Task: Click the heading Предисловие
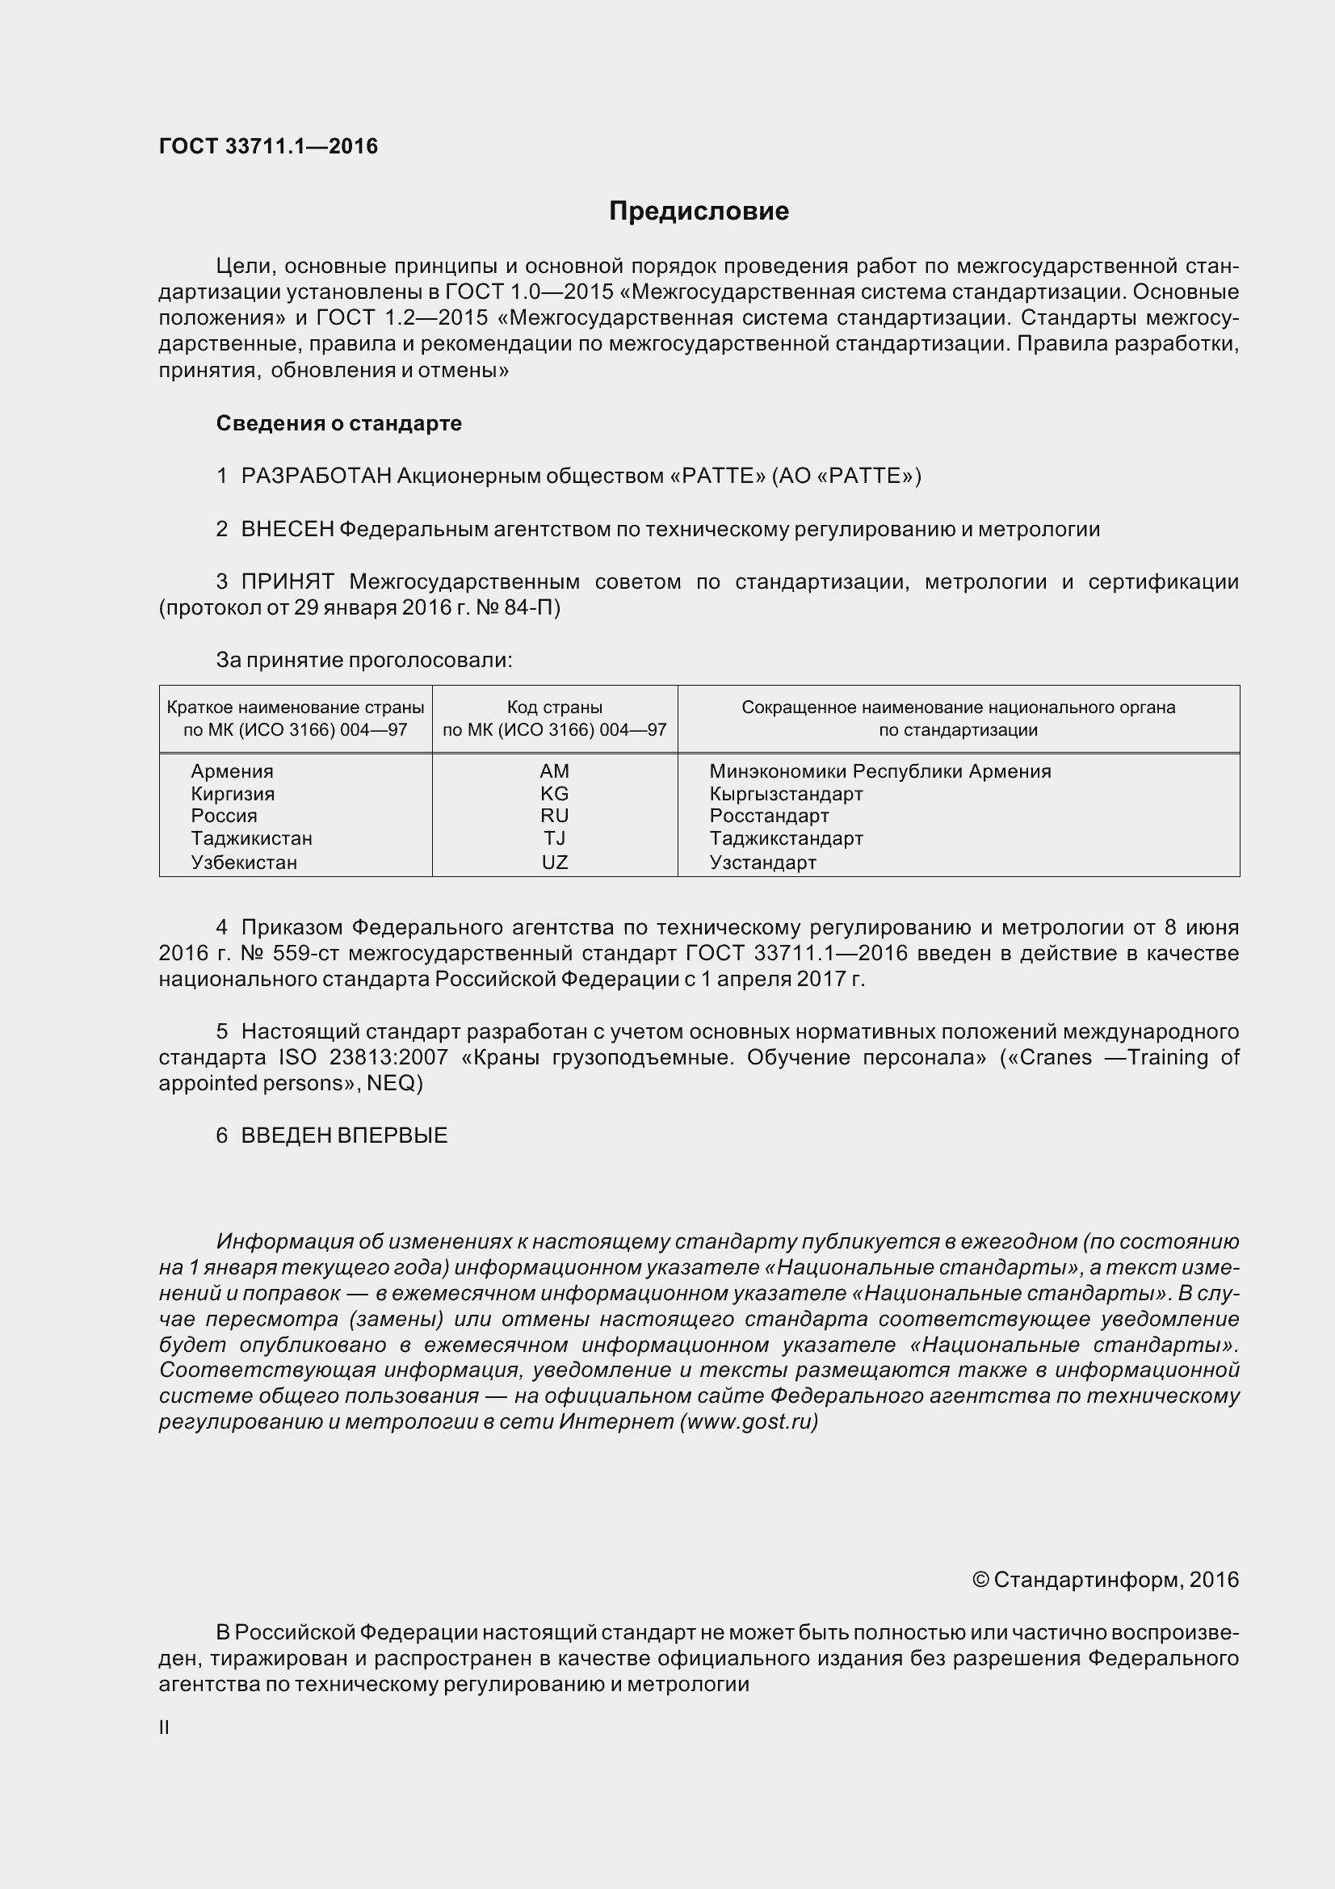click(x=699, y=212)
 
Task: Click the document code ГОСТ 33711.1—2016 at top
click(x=268, y=146)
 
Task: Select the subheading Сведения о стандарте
click(x=339, y=423)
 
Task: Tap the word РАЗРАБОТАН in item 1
click(x=316, y=476)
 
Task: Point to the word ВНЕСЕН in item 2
click(x=287, y=529)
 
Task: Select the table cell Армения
click(x=232, y=771)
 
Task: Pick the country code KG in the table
click(x=554, y=794)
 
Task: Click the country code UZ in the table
click(x=554, y=863)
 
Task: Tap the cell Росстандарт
click(x=769, y=816)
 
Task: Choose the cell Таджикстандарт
click(x=787, y=838)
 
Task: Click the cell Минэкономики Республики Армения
click(x=880, y=771)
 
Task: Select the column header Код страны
click(x=554, y=707)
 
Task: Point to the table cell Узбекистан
click(x=243, y=863)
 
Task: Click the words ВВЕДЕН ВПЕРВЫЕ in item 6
click(x=344, y=1135)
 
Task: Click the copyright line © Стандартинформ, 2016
click(x=1105, y=1580)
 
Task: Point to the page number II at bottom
click(x=165, y=1727)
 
